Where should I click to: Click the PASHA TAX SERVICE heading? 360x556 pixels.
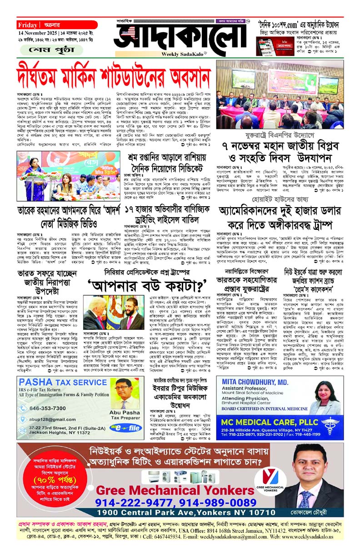57,383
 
